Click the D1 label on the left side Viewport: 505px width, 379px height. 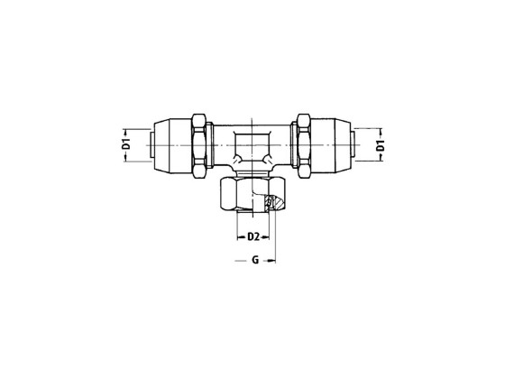tap(127, 143)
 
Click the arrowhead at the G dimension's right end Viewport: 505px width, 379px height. tap(273, 262)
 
